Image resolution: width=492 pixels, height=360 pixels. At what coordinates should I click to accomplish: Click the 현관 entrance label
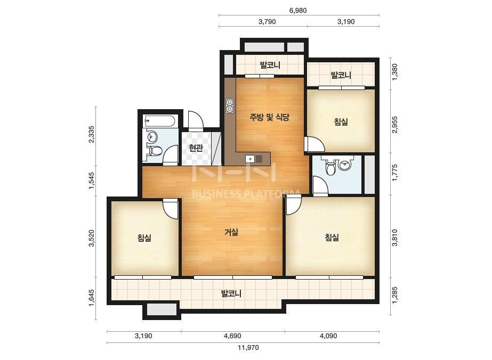pos(196,148)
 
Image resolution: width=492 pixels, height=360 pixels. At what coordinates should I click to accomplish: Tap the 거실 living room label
pos(231,232)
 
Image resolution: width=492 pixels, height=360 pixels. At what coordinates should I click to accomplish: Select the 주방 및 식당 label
pos(269,117)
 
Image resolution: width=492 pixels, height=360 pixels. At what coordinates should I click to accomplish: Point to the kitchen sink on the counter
pos(254,159)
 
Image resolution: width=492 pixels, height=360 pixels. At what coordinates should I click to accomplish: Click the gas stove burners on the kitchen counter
pos(230,105)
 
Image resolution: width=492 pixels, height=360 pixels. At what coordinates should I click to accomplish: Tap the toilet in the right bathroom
pos(330,167)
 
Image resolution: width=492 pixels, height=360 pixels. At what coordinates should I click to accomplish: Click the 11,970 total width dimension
pos(248,347)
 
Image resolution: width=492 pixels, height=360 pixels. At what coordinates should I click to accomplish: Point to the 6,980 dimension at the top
pos(298,10)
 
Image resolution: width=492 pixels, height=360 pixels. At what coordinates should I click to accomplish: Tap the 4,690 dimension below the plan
pos(232,336)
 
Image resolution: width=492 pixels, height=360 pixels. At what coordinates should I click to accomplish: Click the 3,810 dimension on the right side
pos(394,238)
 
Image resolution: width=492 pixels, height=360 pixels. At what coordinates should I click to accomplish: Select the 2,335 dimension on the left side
pos(91,135)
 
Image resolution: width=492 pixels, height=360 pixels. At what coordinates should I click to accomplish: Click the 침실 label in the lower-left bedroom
pos(144,238)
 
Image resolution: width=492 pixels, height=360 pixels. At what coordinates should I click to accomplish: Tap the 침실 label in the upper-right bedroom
pos(341,121)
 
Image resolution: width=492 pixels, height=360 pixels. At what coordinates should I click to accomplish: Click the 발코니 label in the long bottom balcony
pos(231,294)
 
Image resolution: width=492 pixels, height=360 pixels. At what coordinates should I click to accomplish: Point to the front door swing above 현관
pos(196,120)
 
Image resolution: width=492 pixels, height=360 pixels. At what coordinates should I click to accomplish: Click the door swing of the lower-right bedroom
pos(294,206)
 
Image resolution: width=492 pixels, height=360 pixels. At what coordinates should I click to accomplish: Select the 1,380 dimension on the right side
pos(394,72)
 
